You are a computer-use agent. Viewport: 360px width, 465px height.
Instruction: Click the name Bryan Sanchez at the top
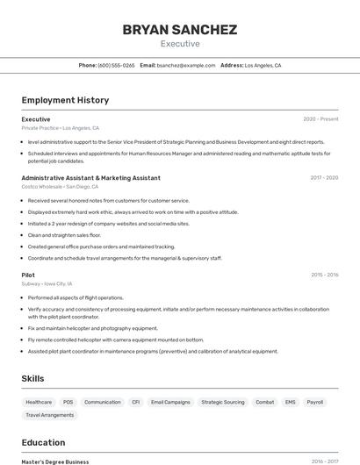[180, 30]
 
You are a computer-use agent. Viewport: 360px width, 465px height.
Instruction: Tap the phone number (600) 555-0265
[116, 65]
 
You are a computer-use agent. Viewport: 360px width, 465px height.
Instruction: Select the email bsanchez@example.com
[185, 65]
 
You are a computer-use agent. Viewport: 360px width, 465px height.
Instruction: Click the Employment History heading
[65, 100]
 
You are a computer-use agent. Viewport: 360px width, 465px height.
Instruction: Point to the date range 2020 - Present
[320, 118]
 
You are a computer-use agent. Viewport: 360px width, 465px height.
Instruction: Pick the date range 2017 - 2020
[324, 177]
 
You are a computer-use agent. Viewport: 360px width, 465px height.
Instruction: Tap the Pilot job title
[28, 275]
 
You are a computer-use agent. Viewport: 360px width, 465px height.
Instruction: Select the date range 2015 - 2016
[324, 275]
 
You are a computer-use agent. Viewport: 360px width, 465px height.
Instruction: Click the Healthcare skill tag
[39, 402]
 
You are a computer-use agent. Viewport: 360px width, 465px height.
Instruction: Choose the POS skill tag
[68, 402]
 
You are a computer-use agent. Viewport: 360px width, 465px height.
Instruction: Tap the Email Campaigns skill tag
[170, 402]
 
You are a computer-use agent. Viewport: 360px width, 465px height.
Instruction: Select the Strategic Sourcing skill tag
[223, 402]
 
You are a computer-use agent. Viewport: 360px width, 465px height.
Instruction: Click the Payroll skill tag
[314, 402]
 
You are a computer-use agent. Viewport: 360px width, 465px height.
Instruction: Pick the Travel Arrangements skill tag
[50, 415]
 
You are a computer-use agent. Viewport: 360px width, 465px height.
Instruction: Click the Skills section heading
[33, 378]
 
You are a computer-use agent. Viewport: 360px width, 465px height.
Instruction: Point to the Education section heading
[43, 442]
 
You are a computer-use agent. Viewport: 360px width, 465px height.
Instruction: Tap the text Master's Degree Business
[55, 461]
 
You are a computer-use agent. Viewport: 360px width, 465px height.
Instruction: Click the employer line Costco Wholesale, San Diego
[60, 187]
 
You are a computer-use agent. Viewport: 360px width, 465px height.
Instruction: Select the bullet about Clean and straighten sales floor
[64, 235]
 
